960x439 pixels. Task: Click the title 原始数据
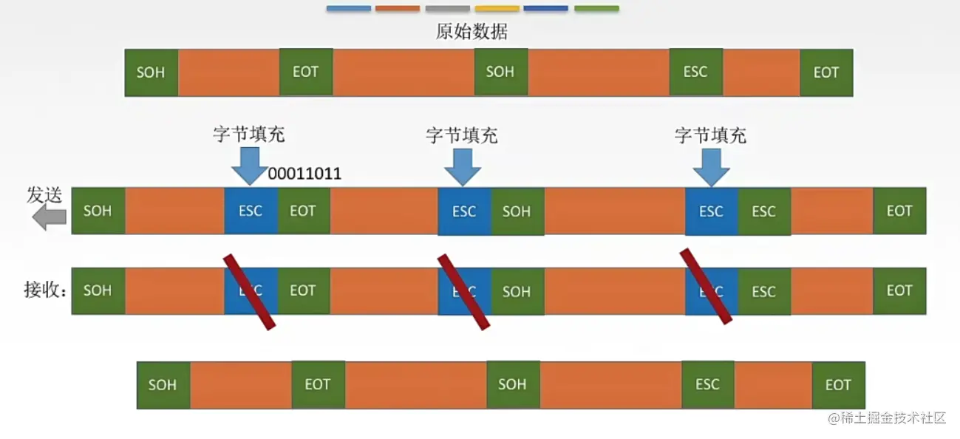click(472, 32)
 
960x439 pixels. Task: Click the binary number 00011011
click(304, 174)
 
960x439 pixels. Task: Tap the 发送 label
click(44, 194)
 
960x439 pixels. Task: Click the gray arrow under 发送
click(50, 217)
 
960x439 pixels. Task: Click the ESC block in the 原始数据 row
click(695, 72)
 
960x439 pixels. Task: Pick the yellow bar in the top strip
click(497, 9)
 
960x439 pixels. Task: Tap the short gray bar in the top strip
click(448, 9)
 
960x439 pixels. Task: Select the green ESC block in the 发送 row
click(763, 211)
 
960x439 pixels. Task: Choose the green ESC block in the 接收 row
click(763, 291)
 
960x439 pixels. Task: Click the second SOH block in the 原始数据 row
click(500, 72)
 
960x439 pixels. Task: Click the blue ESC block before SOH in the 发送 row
click(464, 211)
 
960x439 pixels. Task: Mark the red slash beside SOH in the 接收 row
click(463, 292)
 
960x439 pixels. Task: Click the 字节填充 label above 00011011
click(248, 135)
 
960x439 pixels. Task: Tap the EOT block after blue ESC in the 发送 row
click(303, 211)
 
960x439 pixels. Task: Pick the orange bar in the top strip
click(398, 9)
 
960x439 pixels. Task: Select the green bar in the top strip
click(596, 9)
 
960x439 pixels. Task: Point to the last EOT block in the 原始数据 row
click(826, 72)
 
